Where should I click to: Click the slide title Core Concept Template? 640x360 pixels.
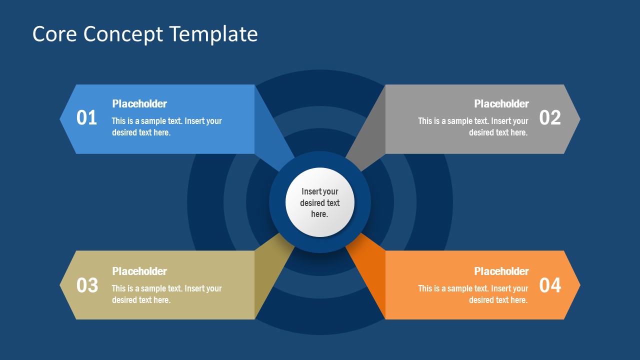coord(145,34)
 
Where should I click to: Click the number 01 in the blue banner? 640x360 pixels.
coord(86,118)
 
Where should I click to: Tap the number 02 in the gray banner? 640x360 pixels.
coord(550,118)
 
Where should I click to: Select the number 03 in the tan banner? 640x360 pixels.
coord(86,285)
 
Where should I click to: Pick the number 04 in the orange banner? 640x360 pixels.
coord(550,285)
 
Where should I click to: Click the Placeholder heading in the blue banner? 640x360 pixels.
coord(139,104)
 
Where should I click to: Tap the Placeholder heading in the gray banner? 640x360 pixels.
coord(501,104)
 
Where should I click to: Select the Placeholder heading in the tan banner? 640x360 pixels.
coord(139,271)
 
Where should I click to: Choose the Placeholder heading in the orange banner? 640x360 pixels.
coord(501,271)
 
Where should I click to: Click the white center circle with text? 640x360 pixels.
coord(320,202)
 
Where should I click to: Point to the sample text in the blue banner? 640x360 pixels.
coord(166,127)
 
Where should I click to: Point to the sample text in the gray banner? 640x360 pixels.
coord(473,127)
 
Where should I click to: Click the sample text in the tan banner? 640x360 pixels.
coord(166,294)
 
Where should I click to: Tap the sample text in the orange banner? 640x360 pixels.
coord(473,294)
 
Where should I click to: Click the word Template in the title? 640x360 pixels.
coord(213,34)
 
